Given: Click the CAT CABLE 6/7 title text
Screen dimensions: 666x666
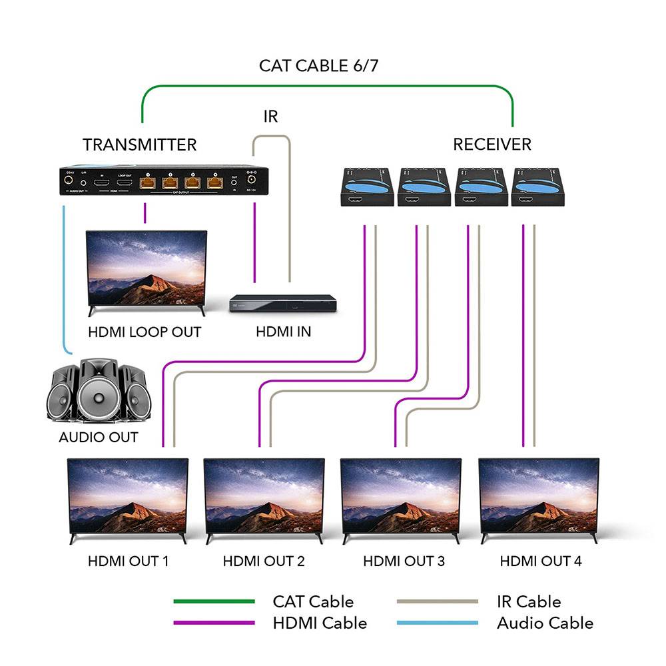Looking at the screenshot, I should coord(319,66).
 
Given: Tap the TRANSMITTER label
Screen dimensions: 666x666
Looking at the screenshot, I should coord(139,145).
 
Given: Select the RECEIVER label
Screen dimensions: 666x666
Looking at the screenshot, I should coord(492,145).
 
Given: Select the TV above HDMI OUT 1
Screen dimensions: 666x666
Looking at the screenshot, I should coord(128,496).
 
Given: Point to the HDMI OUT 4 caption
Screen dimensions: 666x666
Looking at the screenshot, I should coord(541,561).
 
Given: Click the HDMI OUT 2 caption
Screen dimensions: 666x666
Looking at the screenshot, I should coord(264,561).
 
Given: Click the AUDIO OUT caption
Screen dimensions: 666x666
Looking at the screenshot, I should coord(99,438).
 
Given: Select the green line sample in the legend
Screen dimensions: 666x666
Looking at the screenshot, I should coord(214,601).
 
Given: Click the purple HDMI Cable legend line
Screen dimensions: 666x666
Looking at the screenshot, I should coord(214,623).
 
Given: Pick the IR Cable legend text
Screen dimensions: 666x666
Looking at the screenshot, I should coord(529,601).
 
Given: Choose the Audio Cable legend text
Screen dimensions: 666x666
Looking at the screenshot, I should coord(545,623).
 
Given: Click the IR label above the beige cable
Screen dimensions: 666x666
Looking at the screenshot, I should coord(270,117).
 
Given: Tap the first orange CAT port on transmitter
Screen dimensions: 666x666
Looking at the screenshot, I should coord(148,181).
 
